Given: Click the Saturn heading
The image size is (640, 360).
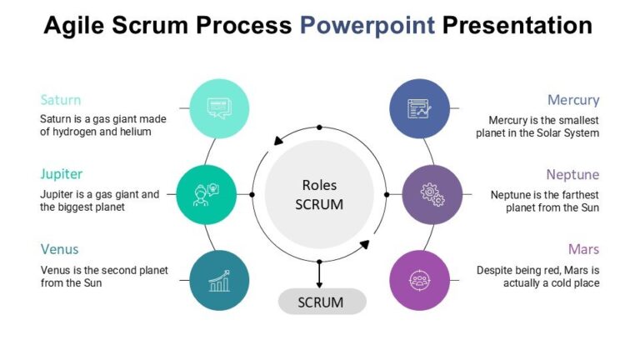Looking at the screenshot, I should (61, 100).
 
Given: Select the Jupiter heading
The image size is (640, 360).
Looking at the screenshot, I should (62, 174).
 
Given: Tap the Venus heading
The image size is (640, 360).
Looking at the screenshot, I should (60, 249).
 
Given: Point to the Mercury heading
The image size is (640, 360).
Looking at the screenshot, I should (573, 100).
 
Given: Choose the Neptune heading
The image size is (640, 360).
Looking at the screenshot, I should (572, 174).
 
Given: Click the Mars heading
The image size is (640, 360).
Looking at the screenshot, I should (583, 249).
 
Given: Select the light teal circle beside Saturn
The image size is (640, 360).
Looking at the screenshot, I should (220, 107).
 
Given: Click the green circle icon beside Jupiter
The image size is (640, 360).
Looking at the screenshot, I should (207, 194).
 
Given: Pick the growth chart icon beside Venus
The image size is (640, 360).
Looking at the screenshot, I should (220, 281).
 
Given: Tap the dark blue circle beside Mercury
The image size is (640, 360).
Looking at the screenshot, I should (420, 107).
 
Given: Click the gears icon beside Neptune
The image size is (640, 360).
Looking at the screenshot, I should (432, 194).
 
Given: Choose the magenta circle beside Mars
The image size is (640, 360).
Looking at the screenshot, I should (420, 281).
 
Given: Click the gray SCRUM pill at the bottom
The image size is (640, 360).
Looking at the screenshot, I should (321, 302).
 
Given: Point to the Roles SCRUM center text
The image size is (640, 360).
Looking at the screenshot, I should (319, 194).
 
